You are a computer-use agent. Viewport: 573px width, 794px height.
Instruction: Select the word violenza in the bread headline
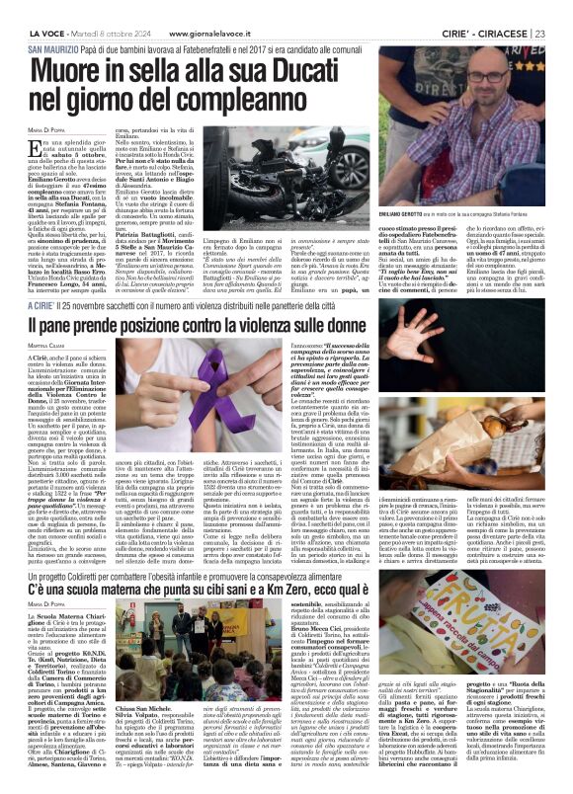click(376, 324)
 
